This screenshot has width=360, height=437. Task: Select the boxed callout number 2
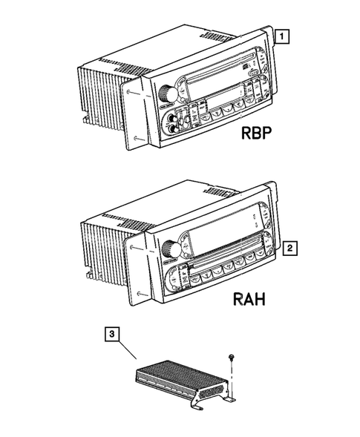point(291,247)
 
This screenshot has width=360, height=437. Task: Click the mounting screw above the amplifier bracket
point(232,357)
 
